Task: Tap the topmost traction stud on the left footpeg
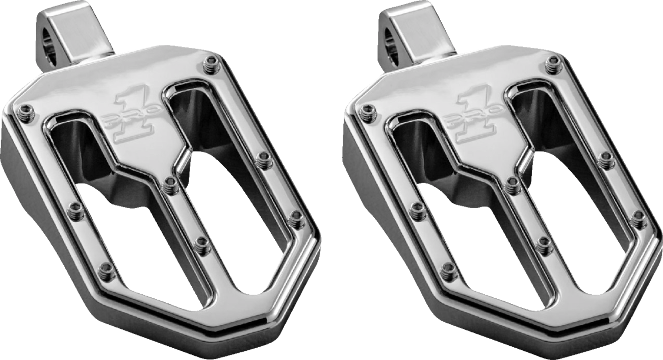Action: point(209,64)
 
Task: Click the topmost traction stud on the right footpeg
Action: point(550,64)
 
